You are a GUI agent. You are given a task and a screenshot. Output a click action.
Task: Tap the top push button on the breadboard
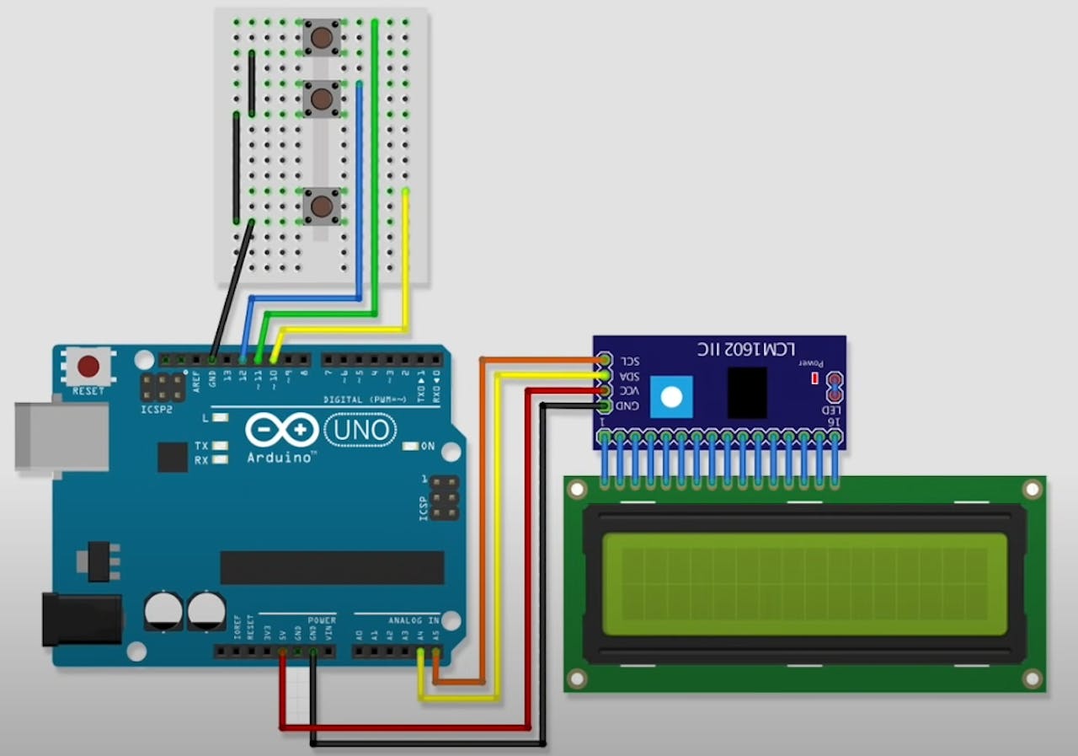(x=322, y=38)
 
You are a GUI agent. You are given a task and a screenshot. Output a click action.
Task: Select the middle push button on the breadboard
(x=322, y=99)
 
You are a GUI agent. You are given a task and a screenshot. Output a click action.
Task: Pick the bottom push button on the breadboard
(x=322, y=206)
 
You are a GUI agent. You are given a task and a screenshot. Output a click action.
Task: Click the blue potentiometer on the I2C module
(x=672, y=397)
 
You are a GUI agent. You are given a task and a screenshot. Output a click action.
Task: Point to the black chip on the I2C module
(x=747, y=392)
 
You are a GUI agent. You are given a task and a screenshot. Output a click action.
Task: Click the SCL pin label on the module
(x=630, y=361)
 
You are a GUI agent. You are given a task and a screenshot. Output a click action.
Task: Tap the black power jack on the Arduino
(x=81, y=619)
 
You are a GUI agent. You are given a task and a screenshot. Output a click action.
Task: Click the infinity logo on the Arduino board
(x=282, y=431)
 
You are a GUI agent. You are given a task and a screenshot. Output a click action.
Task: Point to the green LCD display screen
(x=804, y=583)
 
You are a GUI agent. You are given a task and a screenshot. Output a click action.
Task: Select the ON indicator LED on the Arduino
(x=411, y=446)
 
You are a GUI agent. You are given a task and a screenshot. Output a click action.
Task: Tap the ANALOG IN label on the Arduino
(x=414, y=620)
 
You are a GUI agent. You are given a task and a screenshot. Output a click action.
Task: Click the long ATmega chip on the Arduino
(x=332, y=568)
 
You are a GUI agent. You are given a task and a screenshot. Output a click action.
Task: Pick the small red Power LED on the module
(x=814, y=378)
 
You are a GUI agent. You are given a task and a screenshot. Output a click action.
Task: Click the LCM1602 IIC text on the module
(x=747, y=348)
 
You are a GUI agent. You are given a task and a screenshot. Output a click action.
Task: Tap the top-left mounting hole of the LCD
(x=577, y=490)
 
